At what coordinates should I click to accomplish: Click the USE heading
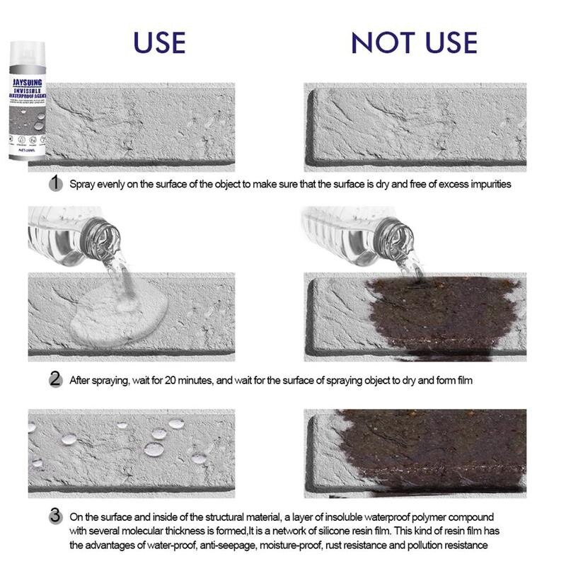tap(159, 42)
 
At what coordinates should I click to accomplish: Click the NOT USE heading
tap(414, 42)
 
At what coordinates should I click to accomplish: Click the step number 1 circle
tap(55, 183)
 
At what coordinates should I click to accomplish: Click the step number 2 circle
tap(55, 380)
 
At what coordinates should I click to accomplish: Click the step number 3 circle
tap(55, 516)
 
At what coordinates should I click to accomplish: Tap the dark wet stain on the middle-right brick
tap(439, 315)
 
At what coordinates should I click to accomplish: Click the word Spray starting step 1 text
tap(83, 184)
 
